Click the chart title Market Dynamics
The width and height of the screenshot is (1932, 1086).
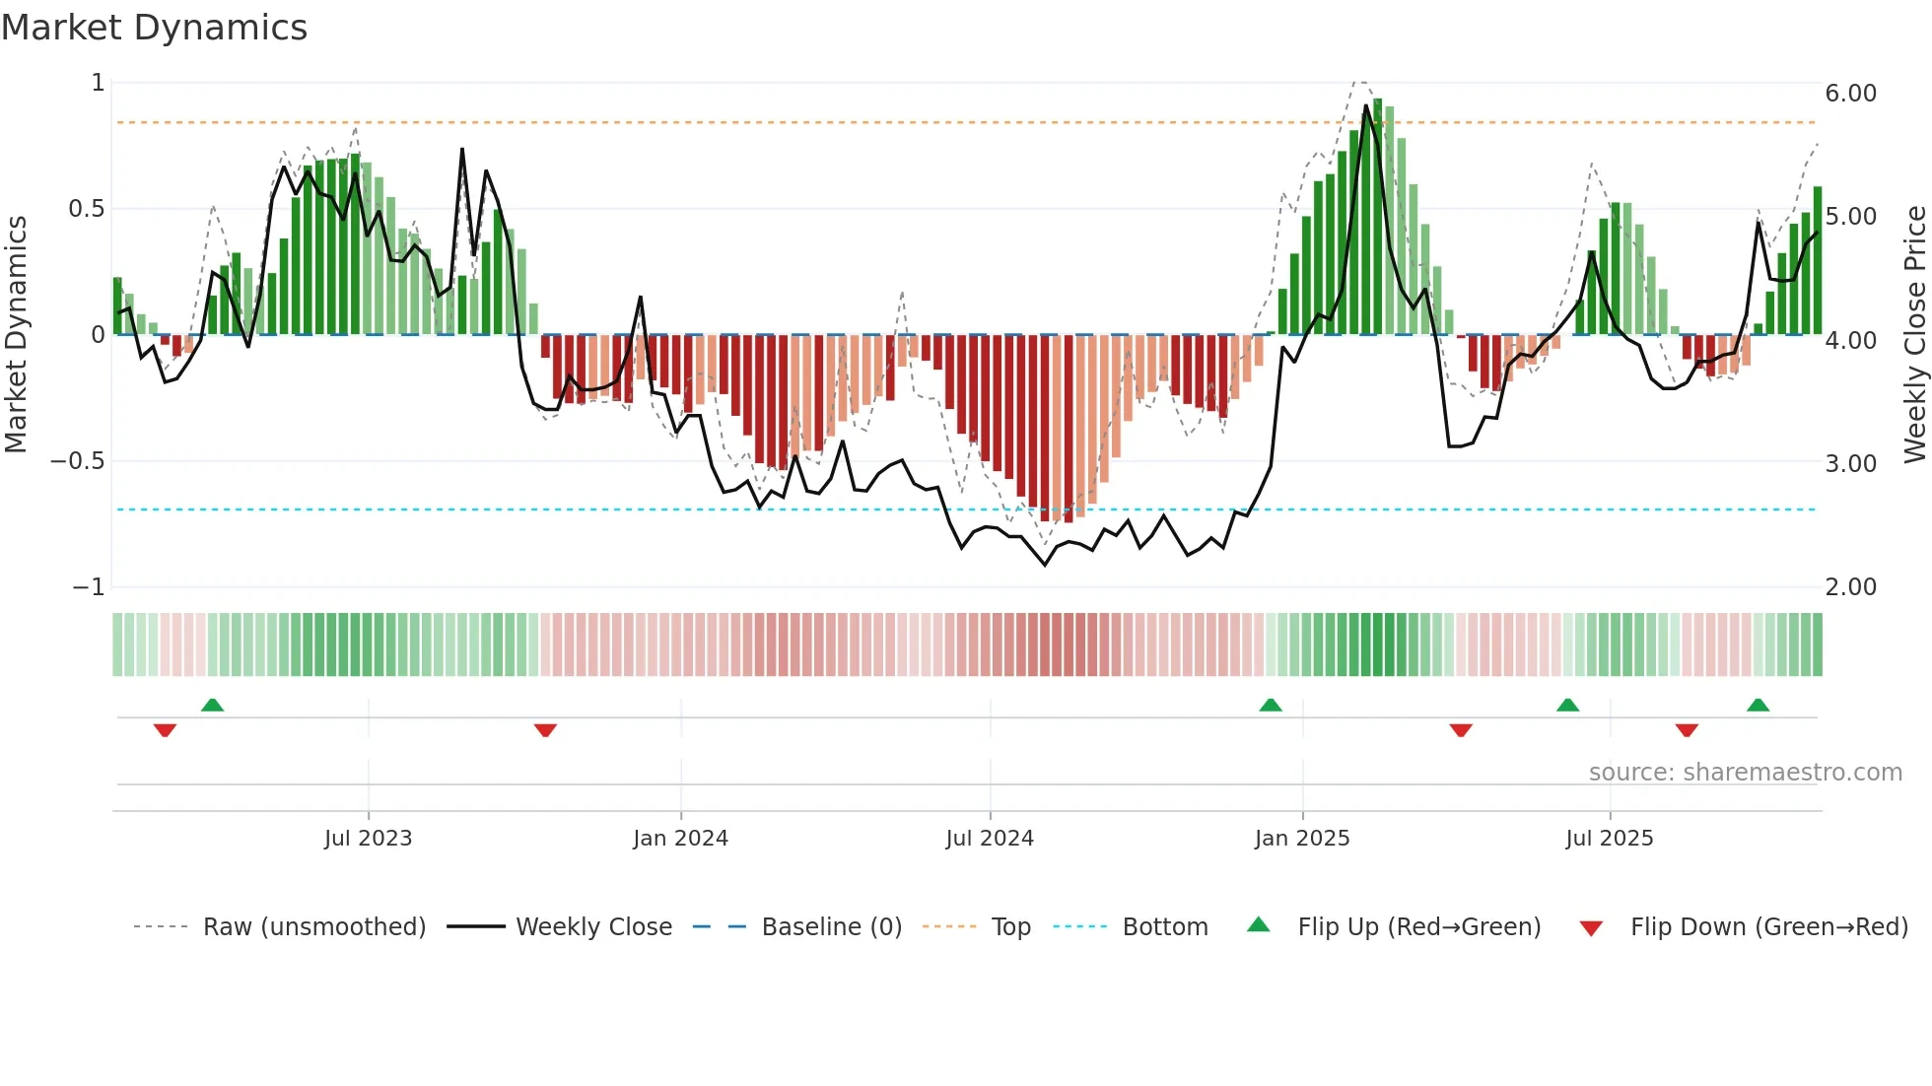tap(154, 28)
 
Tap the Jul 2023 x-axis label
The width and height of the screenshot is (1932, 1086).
tap(368, 839)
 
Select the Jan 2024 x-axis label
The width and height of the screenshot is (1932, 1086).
tap(680, 839)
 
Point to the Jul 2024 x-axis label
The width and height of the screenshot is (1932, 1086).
tap(990, 839)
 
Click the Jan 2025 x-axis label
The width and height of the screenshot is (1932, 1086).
tap(1302, 839)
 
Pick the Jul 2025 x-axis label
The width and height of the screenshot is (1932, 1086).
tap(1610, 839)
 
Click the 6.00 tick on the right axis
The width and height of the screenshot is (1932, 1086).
tap(1850, 94)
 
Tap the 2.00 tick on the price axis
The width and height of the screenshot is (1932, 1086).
tap(1850, 587)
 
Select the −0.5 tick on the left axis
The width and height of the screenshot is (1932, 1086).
tap(77, 461)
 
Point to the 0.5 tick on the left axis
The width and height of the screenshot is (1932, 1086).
tap(86, 209)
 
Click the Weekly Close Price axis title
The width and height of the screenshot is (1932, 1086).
tap(1914, 335)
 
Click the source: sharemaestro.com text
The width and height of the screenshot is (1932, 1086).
tap(1745, 773)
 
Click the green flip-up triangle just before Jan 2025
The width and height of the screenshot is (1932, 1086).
tap(1271, 705)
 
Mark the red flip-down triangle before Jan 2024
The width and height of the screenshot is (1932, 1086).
tap(545, 730)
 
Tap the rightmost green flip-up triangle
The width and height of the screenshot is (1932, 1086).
tap(1758, 705)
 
